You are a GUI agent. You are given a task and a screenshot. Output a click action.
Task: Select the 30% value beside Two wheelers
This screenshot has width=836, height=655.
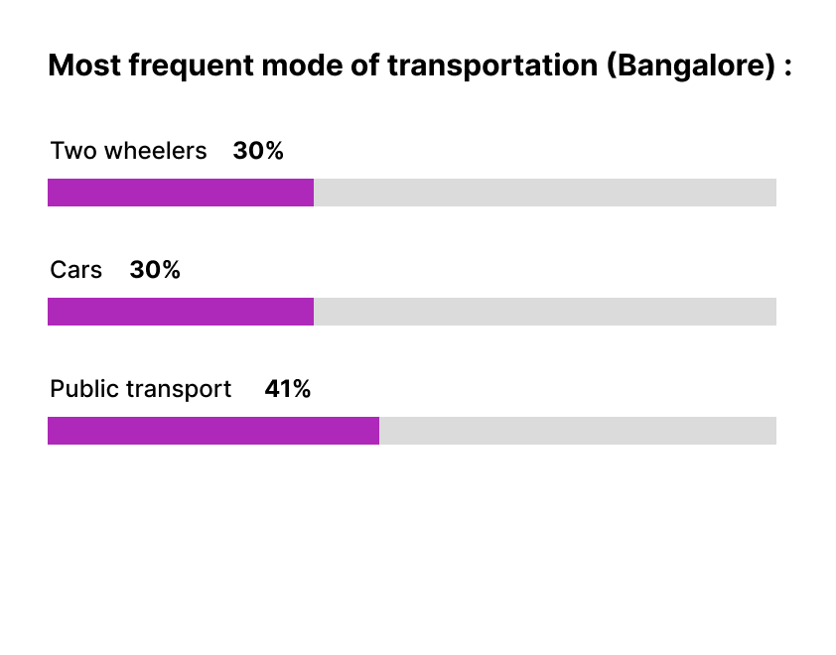[258, 151]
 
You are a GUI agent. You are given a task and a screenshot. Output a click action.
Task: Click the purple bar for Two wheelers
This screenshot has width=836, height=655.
[181, 193]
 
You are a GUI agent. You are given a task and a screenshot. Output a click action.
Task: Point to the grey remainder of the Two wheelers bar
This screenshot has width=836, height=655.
[544, 193]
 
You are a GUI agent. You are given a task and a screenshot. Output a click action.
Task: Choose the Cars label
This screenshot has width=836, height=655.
[76, 270]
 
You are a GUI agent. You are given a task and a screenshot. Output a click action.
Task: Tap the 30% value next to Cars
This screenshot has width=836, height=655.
[155, 270]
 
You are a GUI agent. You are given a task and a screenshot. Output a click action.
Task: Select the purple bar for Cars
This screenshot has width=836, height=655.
[181, 312]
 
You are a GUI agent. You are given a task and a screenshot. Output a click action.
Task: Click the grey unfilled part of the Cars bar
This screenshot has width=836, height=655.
[544, 312]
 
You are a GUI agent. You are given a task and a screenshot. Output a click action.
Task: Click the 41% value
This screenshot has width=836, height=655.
[288, 389]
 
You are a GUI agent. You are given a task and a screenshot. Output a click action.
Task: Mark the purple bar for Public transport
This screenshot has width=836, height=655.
[213, 431]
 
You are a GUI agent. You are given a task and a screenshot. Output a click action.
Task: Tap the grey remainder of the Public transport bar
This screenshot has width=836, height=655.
[577, 431]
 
